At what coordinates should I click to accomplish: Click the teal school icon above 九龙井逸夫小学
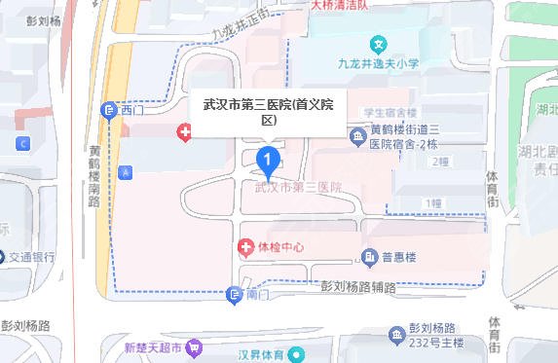click(379, 45)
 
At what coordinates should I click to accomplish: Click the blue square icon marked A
click(125, 171)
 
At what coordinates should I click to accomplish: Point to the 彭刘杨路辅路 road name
click(358, 288)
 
